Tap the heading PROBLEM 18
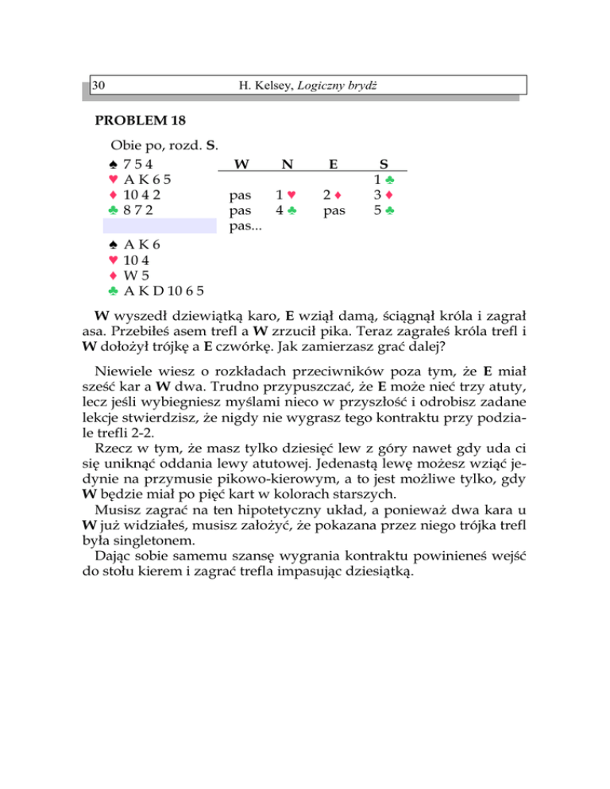pos(140,121)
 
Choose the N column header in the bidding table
pos(286,164)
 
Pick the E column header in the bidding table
pos(334,164)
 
